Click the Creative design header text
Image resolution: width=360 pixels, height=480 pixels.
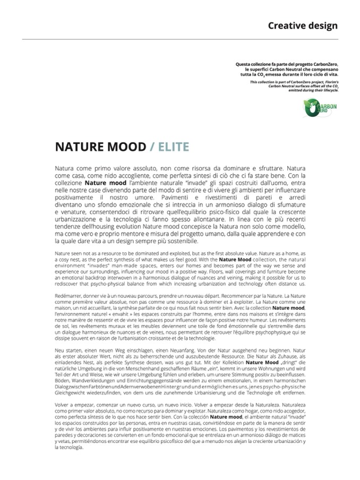click(302, 25)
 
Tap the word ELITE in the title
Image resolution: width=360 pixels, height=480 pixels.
click(173, 147)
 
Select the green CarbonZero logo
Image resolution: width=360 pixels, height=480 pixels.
click(320, 108)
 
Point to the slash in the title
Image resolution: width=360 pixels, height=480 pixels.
click(152, 147)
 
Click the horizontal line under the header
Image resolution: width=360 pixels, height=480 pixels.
click(180, 39)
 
